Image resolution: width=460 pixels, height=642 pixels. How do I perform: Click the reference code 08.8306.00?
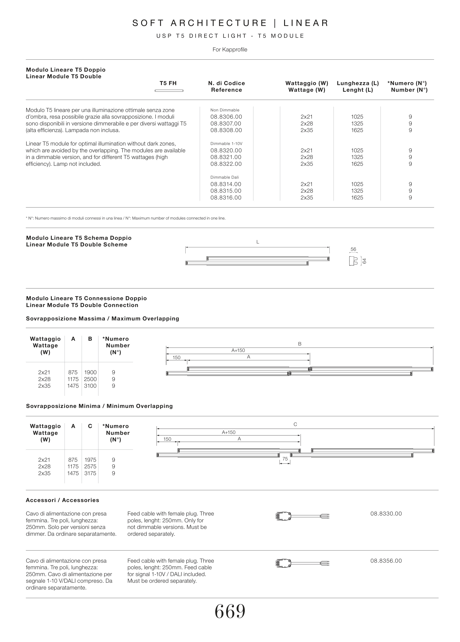tap(226, 117)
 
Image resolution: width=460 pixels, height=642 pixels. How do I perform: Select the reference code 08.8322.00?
tap(226, 164)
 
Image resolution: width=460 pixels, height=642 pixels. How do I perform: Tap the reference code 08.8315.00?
tap(226, 191)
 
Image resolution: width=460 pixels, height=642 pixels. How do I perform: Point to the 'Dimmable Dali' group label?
tap(224, 177)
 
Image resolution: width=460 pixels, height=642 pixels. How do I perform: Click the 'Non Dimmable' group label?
tap(225, 110)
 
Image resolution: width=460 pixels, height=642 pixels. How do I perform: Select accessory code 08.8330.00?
tap(386, 513)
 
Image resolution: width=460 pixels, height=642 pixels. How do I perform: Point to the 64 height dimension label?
tap(365, 261)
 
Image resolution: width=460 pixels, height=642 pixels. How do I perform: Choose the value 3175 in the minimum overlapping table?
tap(90, 473)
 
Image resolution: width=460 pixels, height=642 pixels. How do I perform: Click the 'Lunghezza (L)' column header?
tap(358, 83)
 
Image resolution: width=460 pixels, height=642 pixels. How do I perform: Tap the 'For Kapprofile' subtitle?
tap(230, 50)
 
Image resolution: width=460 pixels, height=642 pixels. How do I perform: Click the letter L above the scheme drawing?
tap(258, 242)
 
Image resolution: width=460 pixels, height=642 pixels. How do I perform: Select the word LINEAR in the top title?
tap(306, 23)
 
